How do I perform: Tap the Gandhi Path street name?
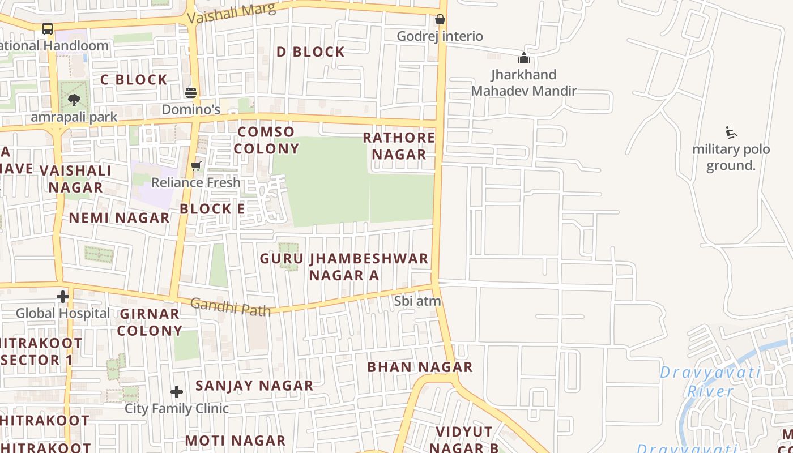230,306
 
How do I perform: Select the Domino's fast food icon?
191,93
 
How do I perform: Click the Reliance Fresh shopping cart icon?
196,166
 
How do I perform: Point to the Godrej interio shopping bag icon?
440,20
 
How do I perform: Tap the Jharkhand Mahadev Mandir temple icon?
524,58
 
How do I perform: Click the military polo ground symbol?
731,133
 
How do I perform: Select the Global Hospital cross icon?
63,297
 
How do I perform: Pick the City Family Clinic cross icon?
177,392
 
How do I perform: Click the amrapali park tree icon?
74,101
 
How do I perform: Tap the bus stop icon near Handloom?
48,29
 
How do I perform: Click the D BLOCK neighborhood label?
310,52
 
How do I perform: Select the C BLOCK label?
134,80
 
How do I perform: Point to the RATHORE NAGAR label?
399,146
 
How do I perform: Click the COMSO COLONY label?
266,140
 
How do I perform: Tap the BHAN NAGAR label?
420,367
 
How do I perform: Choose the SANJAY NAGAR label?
254,386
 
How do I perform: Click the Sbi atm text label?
417,301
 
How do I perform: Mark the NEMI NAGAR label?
119,218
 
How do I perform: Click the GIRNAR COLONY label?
150,322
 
